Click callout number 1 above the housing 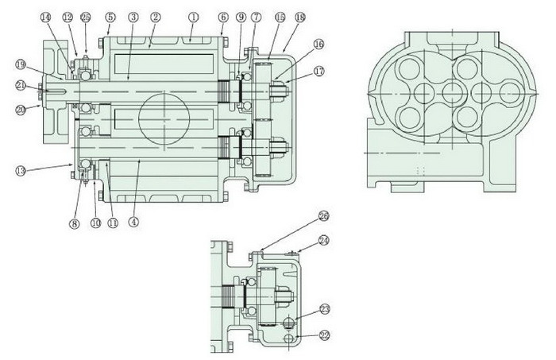pyautogui.click(x=192, y=16)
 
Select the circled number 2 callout pyautogui.click(x=156, y=16)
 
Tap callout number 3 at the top pyautogui.click(x=133, y=17)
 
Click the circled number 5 pyautogui.click(x=110, y=17)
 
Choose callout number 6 pyautogui.click(x=223, y=17)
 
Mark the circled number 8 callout pyautogui.click(x=75, y=224)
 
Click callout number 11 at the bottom pyautogui.click(x=112, y=223)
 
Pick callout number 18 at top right pyautogui.click(x=299, y=17)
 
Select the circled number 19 pyautogui.click(x=20, y=64)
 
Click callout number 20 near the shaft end pyautogui.click(x=20, y=111)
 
